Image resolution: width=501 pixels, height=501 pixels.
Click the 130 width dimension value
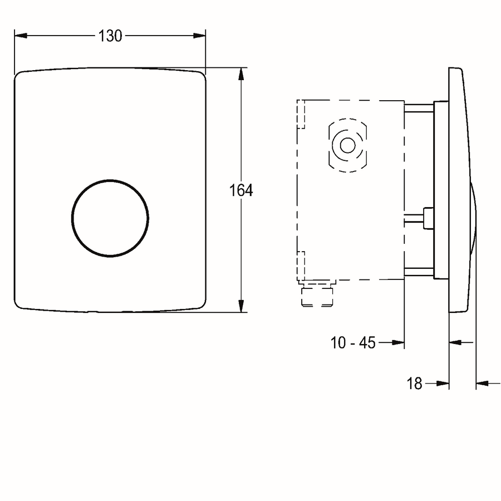(110, 36)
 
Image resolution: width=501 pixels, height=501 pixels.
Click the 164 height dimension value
(241, 190)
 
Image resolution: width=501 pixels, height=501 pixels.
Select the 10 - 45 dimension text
(353, 343)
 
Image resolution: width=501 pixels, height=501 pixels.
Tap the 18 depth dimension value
(414, 383)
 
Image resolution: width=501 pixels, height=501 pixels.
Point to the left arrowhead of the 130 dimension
(21, 36)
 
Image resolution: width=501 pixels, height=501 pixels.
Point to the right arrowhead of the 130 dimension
(199, 36)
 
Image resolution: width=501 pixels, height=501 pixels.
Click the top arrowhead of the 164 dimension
(241, 74)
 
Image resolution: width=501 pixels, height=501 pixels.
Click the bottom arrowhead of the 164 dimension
(241, 306)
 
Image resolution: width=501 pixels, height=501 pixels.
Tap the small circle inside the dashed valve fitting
(347, 145)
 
